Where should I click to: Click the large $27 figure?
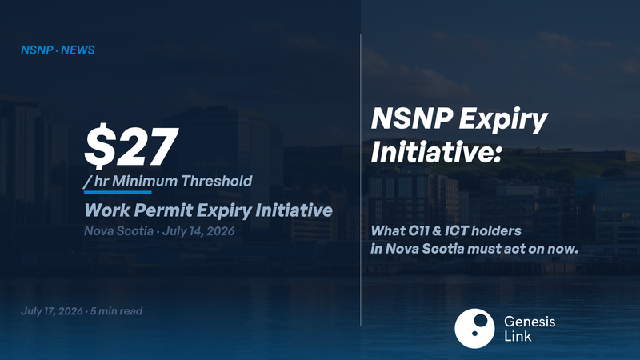tap(131, 146)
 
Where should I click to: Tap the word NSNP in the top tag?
tap(37, 50)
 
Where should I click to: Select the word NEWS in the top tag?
tap(78, 50)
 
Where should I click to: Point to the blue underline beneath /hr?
tap(118, 192)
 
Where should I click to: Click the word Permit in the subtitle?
tap(163, 210)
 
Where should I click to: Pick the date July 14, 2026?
tap(198, 231)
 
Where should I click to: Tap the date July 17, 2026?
tap(52, 311)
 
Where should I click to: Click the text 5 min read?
tap(116, 311)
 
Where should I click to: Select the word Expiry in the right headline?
tap(503, 120)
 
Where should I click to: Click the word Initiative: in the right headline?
tap(436, 152)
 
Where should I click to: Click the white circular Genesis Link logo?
tap(474, 329)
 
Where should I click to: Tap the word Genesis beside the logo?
tap(530, 322)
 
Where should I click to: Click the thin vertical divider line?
tap(361, 180)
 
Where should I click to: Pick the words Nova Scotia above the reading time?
tap(118, 231)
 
